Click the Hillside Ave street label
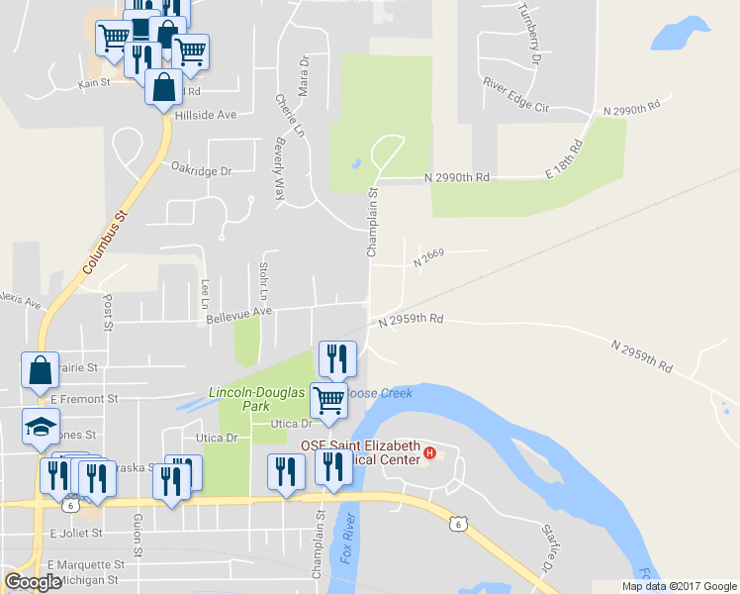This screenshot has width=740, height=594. (x=205, y=115)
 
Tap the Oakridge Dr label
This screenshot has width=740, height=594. (x=201, y=170)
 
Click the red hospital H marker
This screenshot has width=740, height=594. (x=429, y=453)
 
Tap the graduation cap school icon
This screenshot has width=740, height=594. (x=40, y=426)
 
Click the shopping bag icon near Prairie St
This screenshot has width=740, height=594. (x=40, y=370)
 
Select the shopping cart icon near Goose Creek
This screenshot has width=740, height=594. (x=328, y=400)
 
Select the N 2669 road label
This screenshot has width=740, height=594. (x=428, y=257)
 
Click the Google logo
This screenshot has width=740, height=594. (x=33, y=582)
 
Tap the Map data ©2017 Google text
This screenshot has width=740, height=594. (x=679, y=586)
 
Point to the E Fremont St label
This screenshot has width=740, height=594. (x=84, y=399)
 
